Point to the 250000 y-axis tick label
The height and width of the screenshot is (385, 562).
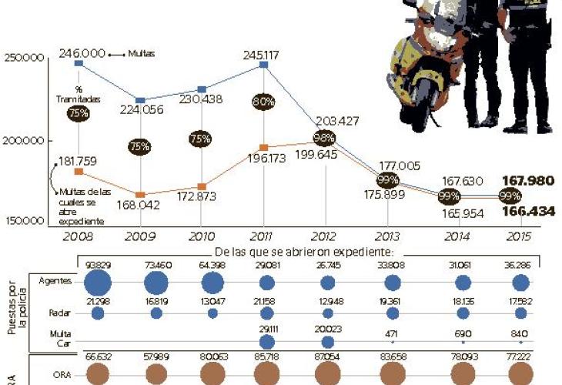click(25, 58)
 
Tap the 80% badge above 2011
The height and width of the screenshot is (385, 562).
click(263, 101)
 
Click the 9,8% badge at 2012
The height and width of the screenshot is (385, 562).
click(324, 139)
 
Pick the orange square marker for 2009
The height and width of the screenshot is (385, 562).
click(140, 195)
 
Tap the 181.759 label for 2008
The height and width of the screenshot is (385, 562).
click(75, 161)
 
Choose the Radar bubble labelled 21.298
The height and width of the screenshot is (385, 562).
click(98, 313)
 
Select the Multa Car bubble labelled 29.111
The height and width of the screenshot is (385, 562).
click(266, 341)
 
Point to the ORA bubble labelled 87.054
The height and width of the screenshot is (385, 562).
click(327, 374)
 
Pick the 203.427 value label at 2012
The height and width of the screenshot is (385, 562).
click(336, 121)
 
